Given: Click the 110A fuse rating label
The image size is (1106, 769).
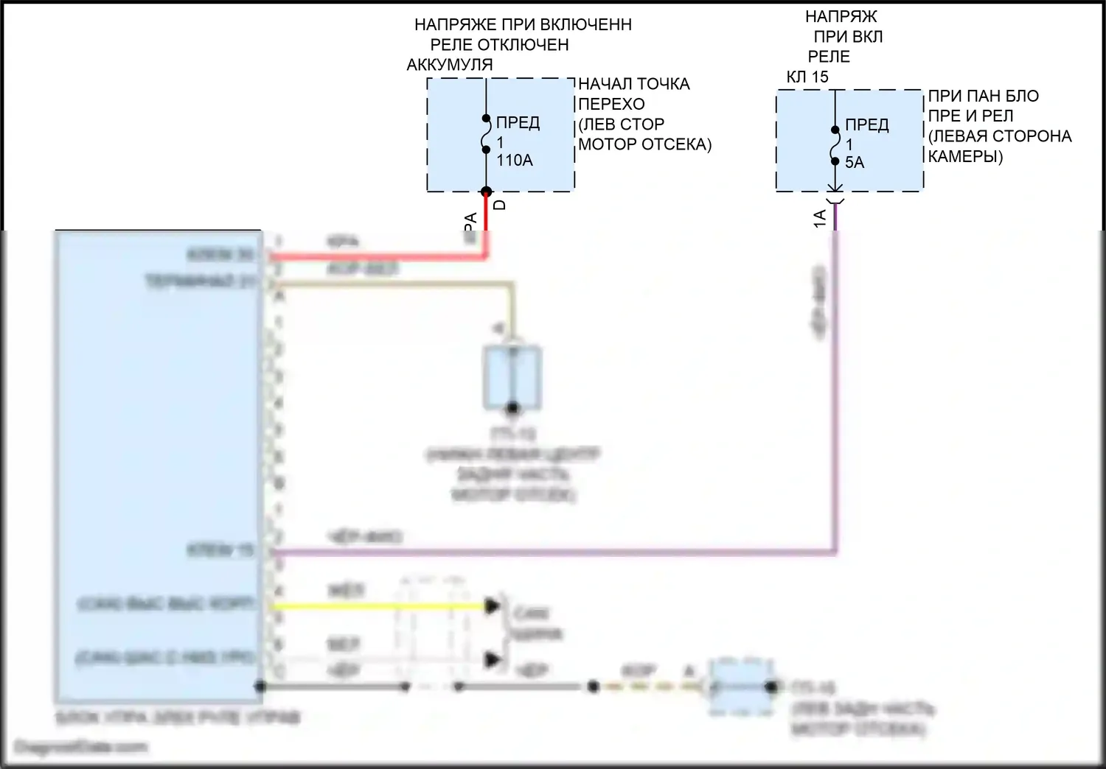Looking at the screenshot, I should point(514,161).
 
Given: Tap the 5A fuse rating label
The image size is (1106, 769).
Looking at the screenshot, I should point(854,163).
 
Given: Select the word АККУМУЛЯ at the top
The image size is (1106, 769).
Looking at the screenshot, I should point(449,65).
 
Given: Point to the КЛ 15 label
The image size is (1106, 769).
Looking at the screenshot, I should point(807,77).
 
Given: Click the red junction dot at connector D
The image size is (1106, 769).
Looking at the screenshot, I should point(486,192).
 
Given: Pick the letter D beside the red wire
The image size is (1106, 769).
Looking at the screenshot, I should point(500,205).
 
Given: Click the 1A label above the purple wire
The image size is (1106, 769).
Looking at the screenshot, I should point(819,218).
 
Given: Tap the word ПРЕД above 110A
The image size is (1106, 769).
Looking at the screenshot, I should point(518,122).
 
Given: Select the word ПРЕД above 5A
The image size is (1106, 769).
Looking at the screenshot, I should point(866,124).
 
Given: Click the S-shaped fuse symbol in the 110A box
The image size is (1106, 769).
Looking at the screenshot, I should point(486,134).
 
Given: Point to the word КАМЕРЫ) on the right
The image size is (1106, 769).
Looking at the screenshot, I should point(964,156).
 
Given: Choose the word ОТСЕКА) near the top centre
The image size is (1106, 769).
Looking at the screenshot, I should point(680,144).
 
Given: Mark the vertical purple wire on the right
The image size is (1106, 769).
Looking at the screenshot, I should point(835,383).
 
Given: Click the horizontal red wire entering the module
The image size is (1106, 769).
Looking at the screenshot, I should point(369,257).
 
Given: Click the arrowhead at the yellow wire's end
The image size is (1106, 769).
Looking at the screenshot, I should point(493,606).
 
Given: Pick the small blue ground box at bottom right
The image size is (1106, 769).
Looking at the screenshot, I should point(741,687).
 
